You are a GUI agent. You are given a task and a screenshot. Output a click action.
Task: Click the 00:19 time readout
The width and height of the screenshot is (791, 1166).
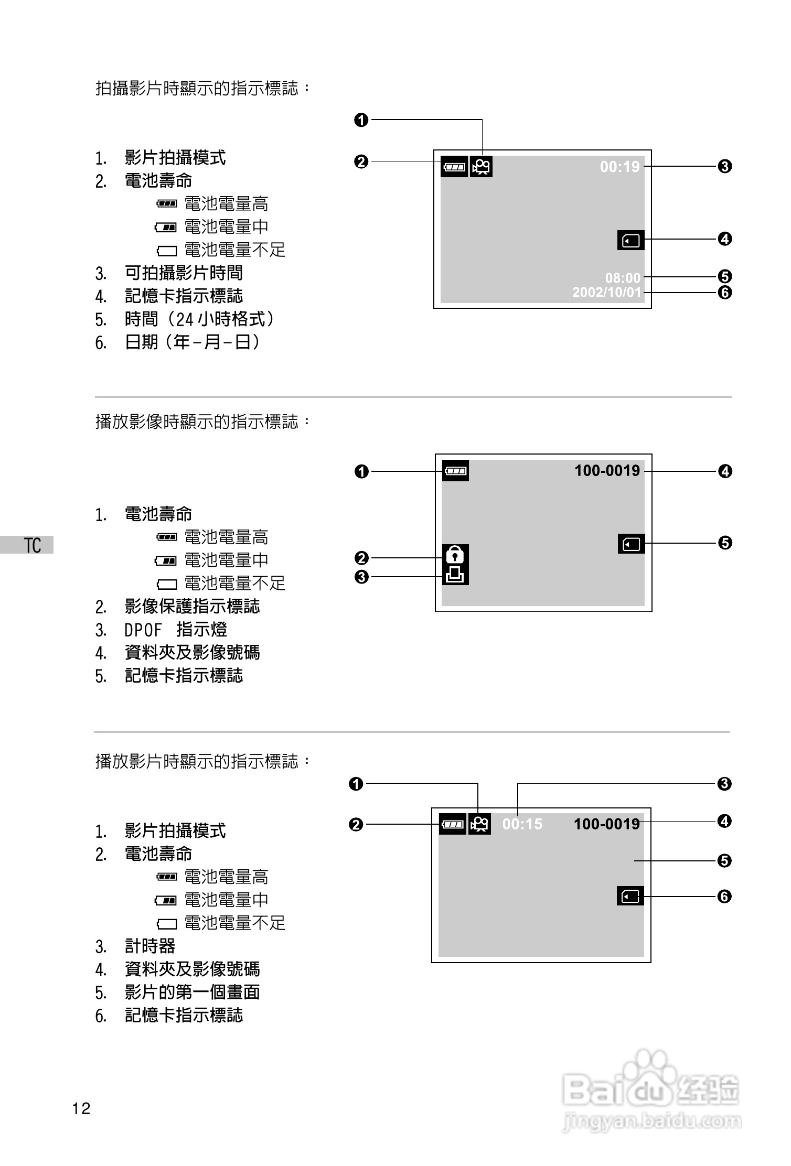coord(619,167)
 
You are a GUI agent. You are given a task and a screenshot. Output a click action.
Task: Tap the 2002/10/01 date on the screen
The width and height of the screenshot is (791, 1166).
coord(606,292)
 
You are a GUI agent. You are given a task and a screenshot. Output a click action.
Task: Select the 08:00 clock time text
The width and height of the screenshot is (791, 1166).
coord(623,277)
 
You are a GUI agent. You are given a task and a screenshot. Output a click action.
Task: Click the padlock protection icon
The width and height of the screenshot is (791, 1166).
coord(455,554)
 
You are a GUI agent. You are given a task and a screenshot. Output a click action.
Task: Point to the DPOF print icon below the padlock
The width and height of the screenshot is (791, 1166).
coord(455,575)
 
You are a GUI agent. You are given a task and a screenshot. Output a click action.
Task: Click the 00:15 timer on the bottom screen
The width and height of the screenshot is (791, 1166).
coord(522,824)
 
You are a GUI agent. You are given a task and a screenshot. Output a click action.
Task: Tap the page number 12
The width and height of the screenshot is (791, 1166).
coord(81,1108)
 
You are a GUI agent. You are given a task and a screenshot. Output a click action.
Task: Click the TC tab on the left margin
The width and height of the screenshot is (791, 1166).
coord(31,545)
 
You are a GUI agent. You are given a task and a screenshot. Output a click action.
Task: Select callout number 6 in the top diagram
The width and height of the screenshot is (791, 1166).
coord(724,292)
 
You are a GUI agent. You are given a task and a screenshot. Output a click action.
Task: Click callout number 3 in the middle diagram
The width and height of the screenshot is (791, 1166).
coord(361,577)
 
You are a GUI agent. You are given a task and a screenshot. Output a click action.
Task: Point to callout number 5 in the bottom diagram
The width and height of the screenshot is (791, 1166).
coord(724,861)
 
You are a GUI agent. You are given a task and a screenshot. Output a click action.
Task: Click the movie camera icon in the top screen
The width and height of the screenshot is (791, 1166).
coord(481,167)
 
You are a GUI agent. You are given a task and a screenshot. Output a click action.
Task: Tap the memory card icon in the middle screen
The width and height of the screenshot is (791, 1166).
coord(631,544)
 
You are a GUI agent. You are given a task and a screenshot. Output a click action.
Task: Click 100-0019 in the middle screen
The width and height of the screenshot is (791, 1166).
coord(607,471)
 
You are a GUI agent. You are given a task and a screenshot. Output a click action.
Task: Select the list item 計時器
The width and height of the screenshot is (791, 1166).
coord(149,946)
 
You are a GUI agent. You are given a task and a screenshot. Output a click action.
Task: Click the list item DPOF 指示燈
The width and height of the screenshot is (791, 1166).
coord(175,630)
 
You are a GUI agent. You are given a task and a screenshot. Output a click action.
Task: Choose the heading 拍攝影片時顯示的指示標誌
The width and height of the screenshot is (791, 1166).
coord(202,88)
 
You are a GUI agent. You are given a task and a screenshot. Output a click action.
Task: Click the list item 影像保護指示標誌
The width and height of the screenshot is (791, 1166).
coord(192,607)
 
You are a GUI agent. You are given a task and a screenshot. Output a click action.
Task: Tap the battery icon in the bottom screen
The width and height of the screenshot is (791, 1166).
coord(452,824)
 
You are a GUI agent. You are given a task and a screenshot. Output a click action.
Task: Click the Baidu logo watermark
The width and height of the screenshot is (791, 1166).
coord(650,1091)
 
